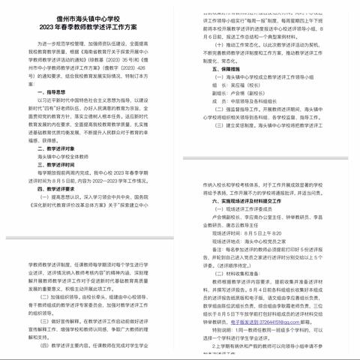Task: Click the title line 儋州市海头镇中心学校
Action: (x=90, y=18)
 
